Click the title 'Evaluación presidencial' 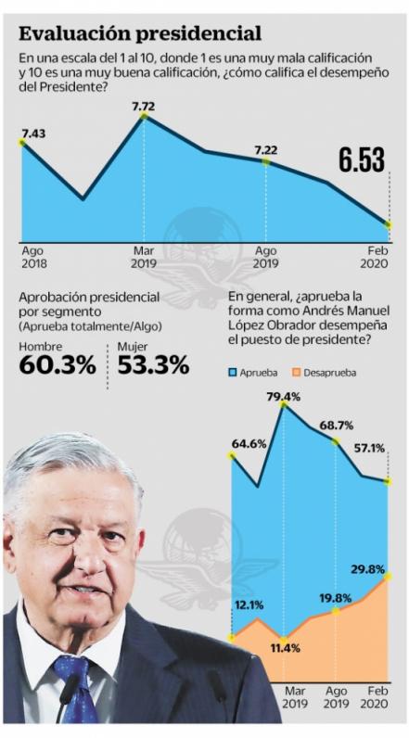[140, 35]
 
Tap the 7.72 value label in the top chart [143, 107]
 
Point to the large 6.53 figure [361, 159]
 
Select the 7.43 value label [33, 134]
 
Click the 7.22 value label [265, 150]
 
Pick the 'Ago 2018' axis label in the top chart [32, 257]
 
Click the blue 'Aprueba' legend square [234, 372]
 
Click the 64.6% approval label [249, 445]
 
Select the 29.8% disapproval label [367, 568]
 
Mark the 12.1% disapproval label [248, 605]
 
